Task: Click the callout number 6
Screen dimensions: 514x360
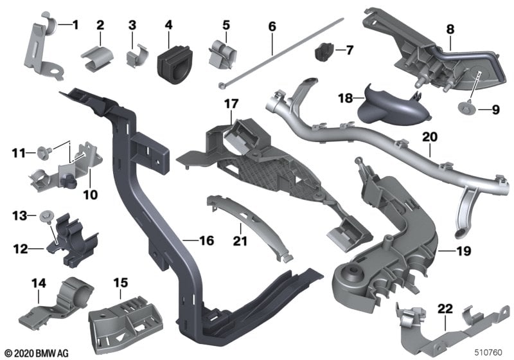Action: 272,26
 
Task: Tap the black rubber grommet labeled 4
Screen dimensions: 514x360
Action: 174,64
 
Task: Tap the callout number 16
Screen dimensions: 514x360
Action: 206,240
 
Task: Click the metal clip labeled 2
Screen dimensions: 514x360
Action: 97,59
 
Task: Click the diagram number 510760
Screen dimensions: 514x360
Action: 488,352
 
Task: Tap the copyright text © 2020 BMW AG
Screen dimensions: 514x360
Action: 37,353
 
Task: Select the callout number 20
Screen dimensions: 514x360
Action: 430,137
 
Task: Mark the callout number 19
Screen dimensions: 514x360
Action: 464,251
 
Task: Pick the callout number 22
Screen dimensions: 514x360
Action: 445,309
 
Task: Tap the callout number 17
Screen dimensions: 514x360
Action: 231,104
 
